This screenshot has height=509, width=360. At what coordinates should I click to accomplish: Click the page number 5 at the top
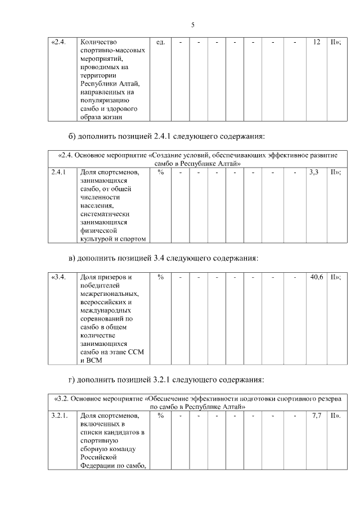coord(192,25)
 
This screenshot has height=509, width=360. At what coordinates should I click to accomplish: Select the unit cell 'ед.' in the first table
coord(160,43)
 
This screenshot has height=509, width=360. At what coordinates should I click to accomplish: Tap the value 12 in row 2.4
coord(317,43)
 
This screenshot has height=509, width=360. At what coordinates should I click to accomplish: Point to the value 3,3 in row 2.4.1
coord(314,172)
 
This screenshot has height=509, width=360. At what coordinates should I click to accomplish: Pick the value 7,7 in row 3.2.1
coord(316,416)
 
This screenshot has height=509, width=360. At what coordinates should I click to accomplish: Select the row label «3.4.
coord(58,277)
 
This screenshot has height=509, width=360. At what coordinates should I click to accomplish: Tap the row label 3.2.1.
coord(59,416)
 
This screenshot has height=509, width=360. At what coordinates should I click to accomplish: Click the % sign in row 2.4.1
coord(160,172)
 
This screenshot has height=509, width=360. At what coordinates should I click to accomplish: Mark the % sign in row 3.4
coord(160,277)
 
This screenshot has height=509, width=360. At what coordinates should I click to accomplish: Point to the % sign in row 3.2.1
coord(160,416)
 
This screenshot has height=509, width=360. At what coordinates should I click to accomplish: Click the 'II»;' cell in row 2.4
coord(335,43)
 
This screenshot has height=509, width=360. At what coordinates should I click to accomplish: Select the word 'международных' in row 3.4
coord(106,310)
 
